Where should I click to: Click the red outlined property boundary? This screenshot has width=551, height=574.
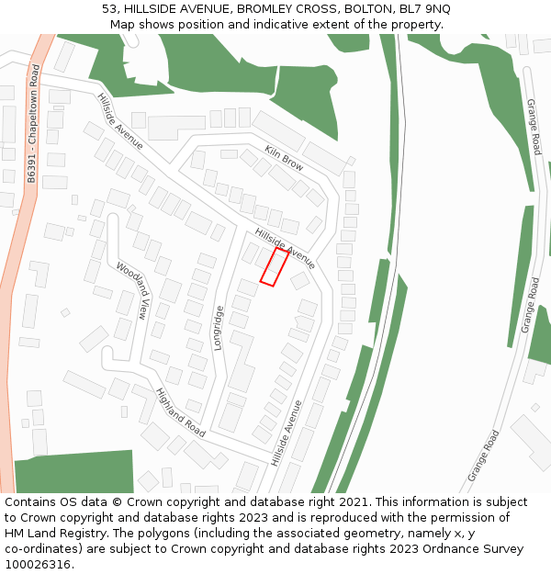coord(274,266)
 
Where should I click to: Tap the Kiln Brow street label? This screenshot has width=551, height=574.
coord(284,158)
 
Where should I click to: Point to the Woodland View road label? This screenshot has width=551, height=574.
coord(131,290)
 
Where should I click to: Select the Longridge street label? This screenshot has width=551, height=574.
coord(219,329)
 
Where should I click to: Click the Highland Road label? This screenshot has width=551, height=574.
coord(180,411)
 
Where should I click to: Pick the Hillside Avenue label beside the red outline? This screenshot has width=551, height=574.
coord(285,248)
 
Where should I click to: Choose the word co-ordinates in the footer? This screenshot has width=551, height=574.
coord(42,549)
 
